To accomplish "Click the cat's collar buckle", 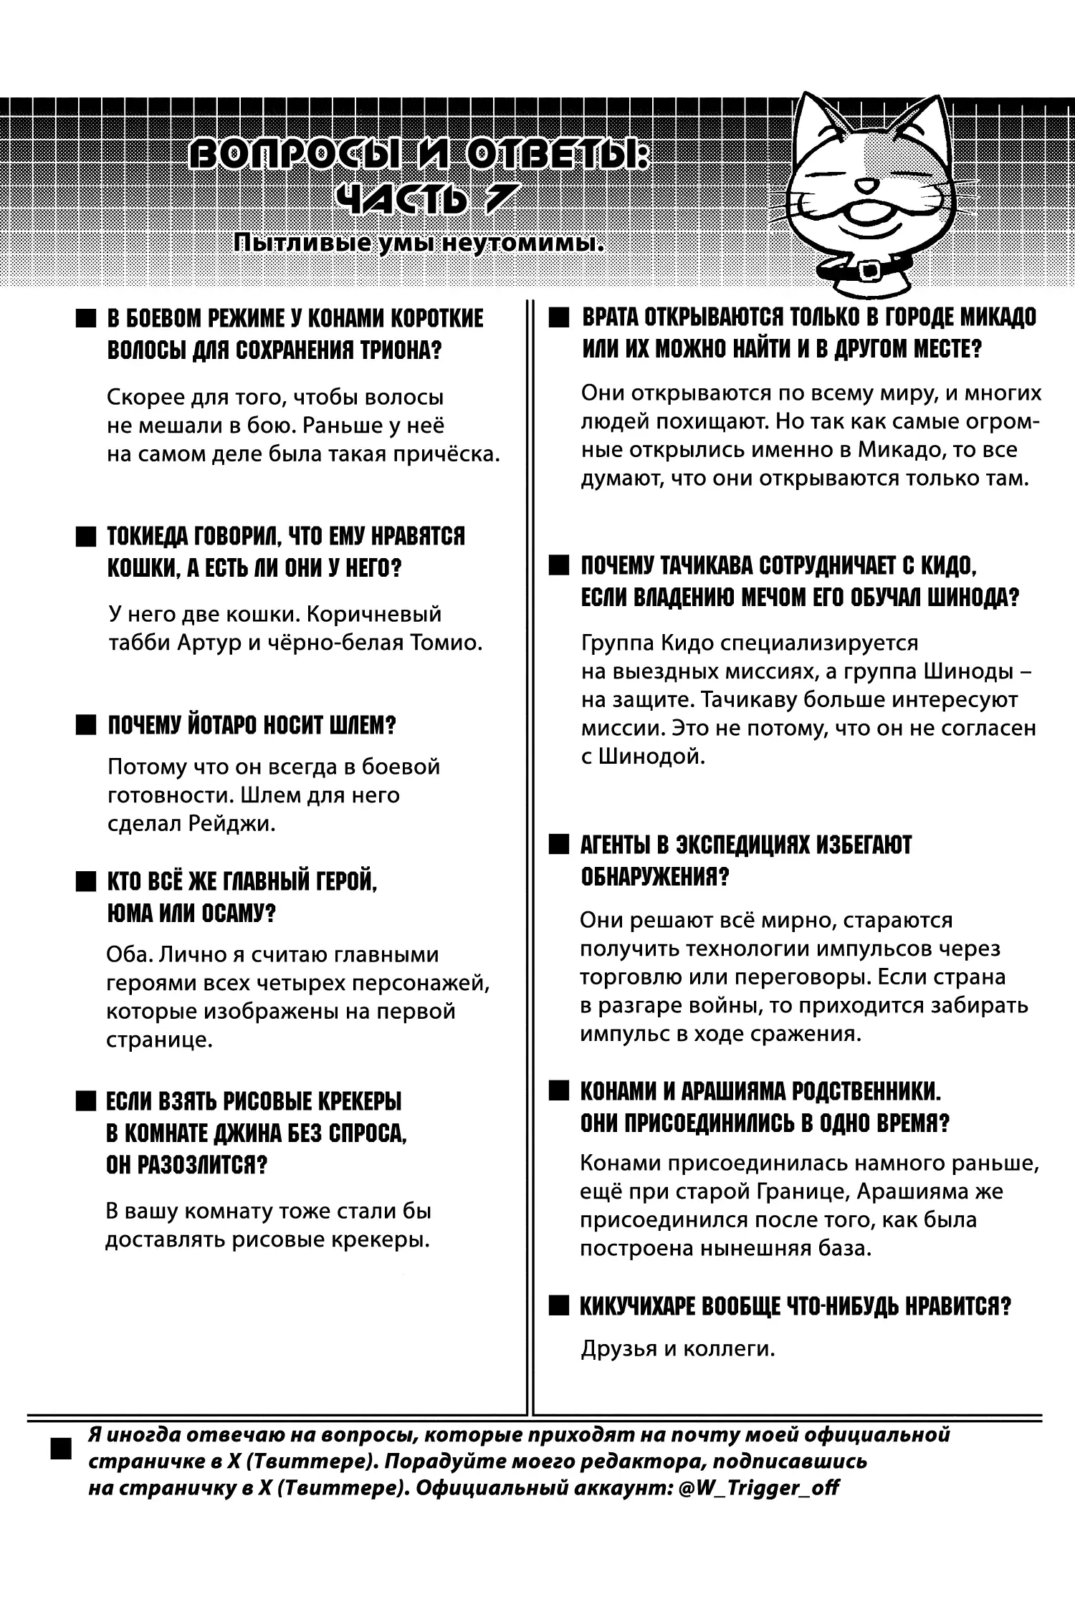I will coord(870,269).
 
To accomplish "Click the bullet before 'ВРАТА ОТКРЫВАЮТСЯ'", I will coord(558,317).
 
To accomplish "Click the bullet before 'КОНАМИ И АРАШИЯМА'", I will coord(558,1092).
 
